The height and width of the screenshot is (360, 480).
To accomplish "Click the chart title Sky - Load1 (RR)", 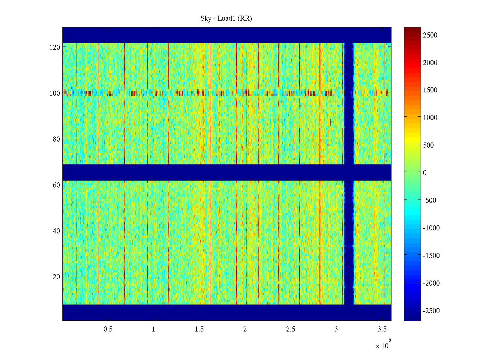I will [x=226, y=19].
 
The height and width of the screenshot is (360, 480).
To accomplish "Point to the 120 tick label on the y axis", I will [x=55, y=47].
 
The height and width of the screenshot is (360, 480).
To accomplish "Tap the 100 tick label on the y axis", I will [x=55, y=93].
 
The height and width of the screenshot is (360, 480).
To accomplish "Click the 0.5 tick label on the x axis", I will [x=108, y=329].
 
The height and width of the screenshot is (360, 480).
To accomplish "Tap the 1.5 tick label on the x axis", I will [x=199, y=329].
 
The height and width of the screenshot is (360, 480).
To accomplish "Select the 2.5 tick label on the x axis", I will [x=291, y=329].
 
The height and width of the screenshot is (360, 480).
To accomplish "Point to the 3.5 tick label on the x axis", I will [x=382, y=329].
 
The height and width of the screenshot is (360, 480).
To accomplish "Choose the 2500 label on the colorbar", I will [x=430, y=35].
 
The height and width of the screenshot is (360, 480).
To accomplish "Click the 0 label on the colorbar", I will [x=425, y=173].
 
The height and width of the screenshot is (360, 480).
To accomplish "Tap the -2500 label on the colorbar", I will [x=431, y=311].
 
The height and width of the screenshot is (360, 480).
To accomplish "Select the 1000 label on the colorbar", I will [x=430, y=118].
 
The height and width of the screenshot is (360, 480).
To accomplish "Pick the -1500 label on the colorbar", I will [x=431, y=256].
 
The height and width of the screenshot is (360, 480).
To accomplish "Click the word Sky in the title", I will [x=206, y=19].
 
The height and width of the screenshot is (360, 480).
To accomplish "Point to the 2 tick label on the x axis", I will [x=245, y=329].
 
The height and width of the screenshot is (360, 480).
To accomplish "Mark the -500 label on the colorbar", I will [x=429, y=200].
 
